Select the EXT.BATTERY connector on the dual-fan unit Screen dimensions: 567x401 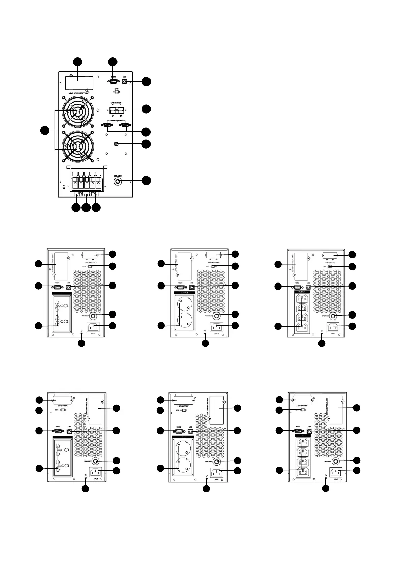click(x=116, y=110)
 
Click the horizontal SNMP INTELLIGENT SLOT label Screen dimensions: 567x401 click(x=79, y=93)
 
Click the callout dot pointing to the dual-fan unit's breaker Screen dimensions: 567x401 click(x=146, y=180)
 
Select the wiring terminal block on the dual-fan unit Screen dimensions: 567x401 click(x=86, y=181)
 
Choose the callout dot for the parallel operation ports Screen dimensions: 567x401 click(x=146, y=131)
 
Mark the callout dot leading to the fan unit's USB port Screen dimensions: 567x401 click(x=146, y=82)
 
